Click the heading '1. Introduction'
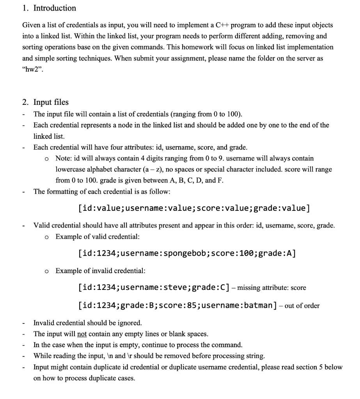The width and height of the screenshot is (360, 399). pyautogui.click(x=49, y=8)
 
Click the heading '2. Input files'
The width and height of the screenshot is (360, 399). pyautogui.click(x=45, y=102)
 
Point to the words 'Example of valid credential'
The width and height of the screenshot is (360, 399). pyautogui.click(x=98, y=237)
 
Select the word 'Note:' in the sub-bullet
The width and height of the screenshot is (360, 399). pyautogui.click(x=63, y=159)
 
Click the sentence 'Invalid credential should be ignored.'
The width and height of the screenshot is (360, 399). pyautogui.click(x=88, y=323)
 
